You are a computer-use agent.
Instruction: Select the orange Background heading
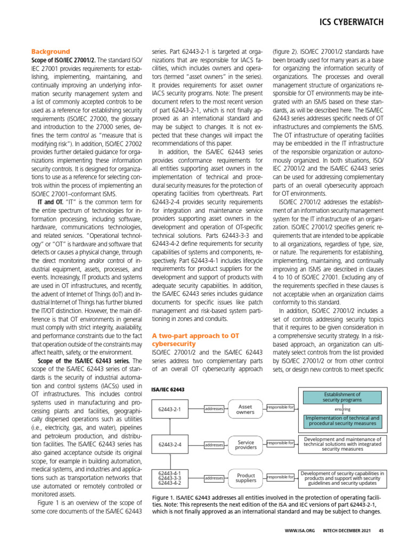pyautogui.click(x=51, y=52)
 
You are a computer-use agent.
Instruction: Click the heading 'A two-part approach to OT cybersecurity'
pyautogui.click(x=195, y=340)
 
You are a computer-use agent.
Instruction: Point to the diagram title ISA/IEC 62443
pyautogui.click(x=168, y=390)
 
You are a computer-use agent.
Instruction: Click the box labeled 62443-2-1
pyautogui.click(x=170, y=409)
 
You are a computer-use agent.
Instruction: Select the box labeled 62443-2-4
pyautogui.click(x=170, y=444)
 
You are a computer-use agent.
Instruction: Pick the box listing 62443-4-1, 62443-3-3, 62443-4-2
pyautogui.click(x=170, y=478)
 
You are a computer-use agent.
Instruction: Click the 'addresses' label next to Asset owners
pyautogui.click(x=214, y=409)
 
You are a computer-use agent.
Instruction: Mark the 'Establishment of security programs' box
pyautogui.click(x=342, y=397)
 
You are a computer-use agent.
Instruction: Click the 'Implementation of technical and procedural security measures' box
pyautogui.click(x=342, y=421)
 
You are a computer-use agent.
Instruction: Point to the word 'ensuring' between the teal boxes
pyautogui.click(x=342, y=409)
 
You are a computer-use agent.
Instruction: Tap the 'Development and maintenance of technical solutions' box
pyautogui.click(x=342, y=444)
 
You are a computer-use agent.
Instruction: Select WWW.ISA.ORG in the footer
pyautogui.click(x=300, y=530)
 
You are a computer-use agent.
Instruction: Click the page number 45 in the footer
pyautogui.click(x=381, y=530)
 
